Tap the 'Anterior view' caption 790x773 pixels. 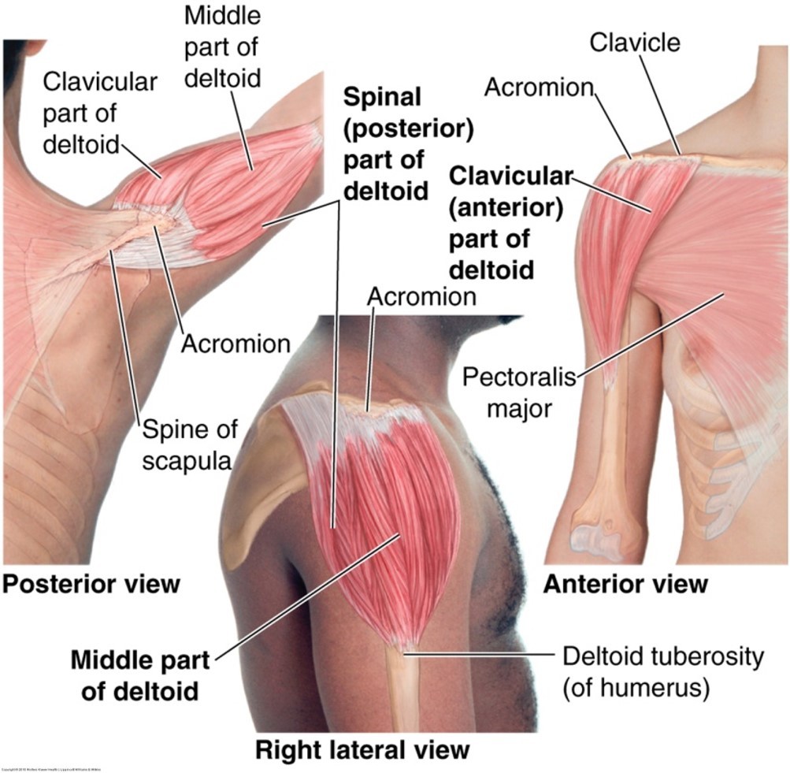click(625, 584)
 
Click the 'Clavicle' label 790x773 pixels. click(636, 42)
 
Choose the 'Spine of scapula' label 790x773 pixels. click(187, 445)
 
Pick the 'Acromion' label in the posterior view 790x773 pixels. click(236, 344)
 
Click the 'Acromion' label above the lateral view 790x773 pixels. click(422, 296)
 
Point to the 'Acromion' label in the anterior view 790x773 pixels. click(538, 87)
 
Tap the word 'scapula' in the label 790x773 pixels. click(187, 460)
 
